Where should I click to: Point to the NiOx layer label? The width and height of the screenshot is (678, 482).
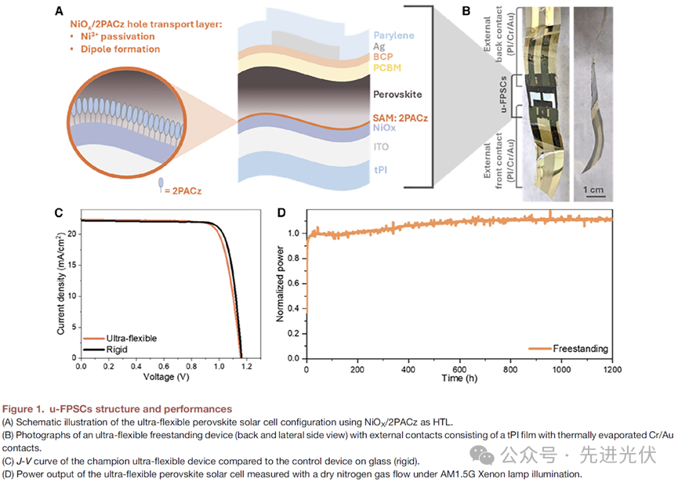point(384,127)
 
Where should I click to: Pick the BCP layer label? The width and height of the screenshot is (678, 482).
point(383,57)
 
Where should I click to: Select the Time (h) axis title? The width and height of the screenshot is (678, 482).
point(459,379)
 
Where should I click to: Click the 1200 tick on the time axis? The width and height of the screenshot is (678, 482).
point(612,368)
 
